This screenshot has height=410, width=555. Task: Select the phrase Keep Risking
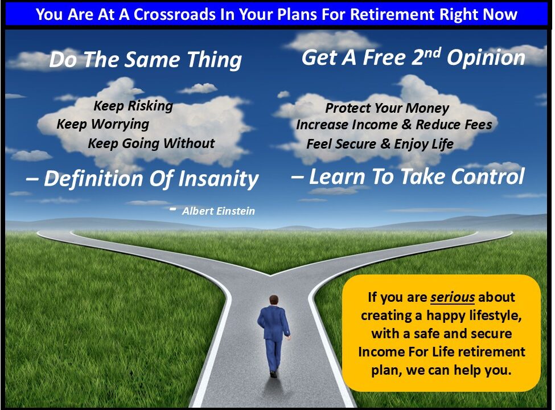133,106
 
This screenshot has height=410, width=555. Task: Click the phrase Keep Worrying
102,124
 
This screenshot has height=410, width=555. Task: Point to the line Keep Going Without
151,143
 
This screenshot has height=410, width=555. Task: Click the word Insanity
219,178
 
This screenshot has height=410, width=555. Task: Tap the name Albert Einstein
219,211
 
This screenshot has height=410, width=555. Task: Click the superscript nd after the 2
432,53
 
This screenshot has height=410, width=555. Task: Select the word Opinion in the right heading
486,58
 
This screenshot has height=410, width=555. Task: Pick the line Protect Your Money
387,108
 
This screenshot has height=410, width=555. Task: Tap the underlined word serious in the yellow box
453,297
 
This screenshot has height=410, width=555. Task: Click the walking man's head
274,300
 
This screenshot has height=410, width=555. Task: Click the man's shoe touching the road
273,374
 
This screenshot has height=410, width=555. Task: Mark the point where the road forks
270,274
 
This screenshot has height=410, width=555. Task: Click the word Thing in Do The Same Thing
214,59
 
